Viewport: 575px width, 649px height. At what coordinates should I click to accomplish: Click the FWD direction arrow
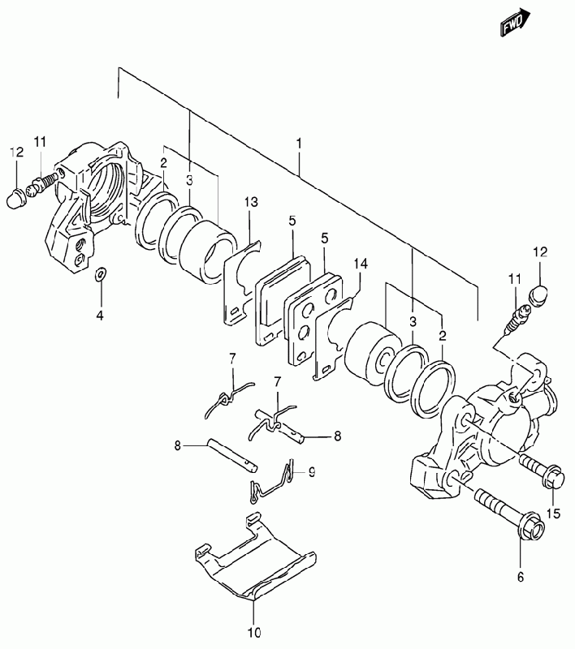click(x=516, y=23)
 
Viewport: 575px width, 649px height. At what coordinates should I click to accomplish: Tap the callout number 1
click(x=299, y=144)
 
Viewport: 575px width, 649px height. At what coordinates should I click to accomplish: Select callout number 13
click(x=251, y=202)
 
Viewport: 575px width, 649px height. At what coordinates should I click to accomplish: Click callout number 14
click(x=361, y=264)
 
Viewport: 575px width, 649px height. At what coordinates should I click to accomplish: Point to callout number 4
click(x=100, y=316)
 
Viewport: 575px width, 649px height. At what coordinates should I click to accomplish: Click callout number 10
click(x=255, y=633)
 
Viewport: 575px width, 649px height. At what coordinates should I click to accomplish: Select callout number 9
click(x=311, y=471)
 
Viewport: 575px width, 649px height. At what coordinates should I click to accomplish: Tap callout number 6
click(x=521, y=576)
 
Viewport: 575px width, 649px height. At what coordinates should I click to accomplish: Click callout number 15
click(x=553, y=514)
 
